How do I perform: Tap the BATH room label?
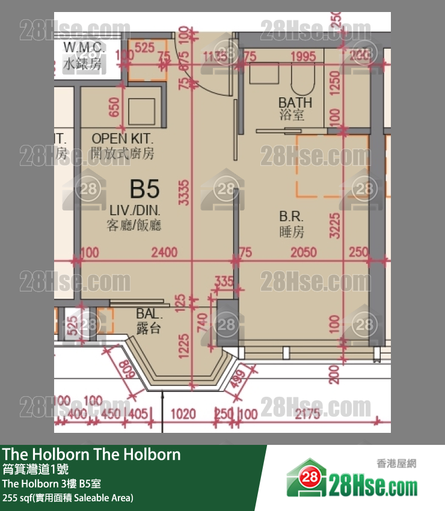[x=291, y=102]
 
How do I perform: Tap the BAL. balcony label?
[x=149, y=313]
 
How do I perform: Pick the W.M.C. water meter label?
[x=82, y=48]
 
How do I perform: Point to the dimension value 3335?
[x=186, y=192]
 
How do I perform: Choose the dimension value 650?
[x=115, y=109]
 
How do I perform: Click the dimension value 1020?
[x=184, y=414]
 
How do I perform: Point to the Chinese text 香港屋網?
[x=396, y=464]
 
